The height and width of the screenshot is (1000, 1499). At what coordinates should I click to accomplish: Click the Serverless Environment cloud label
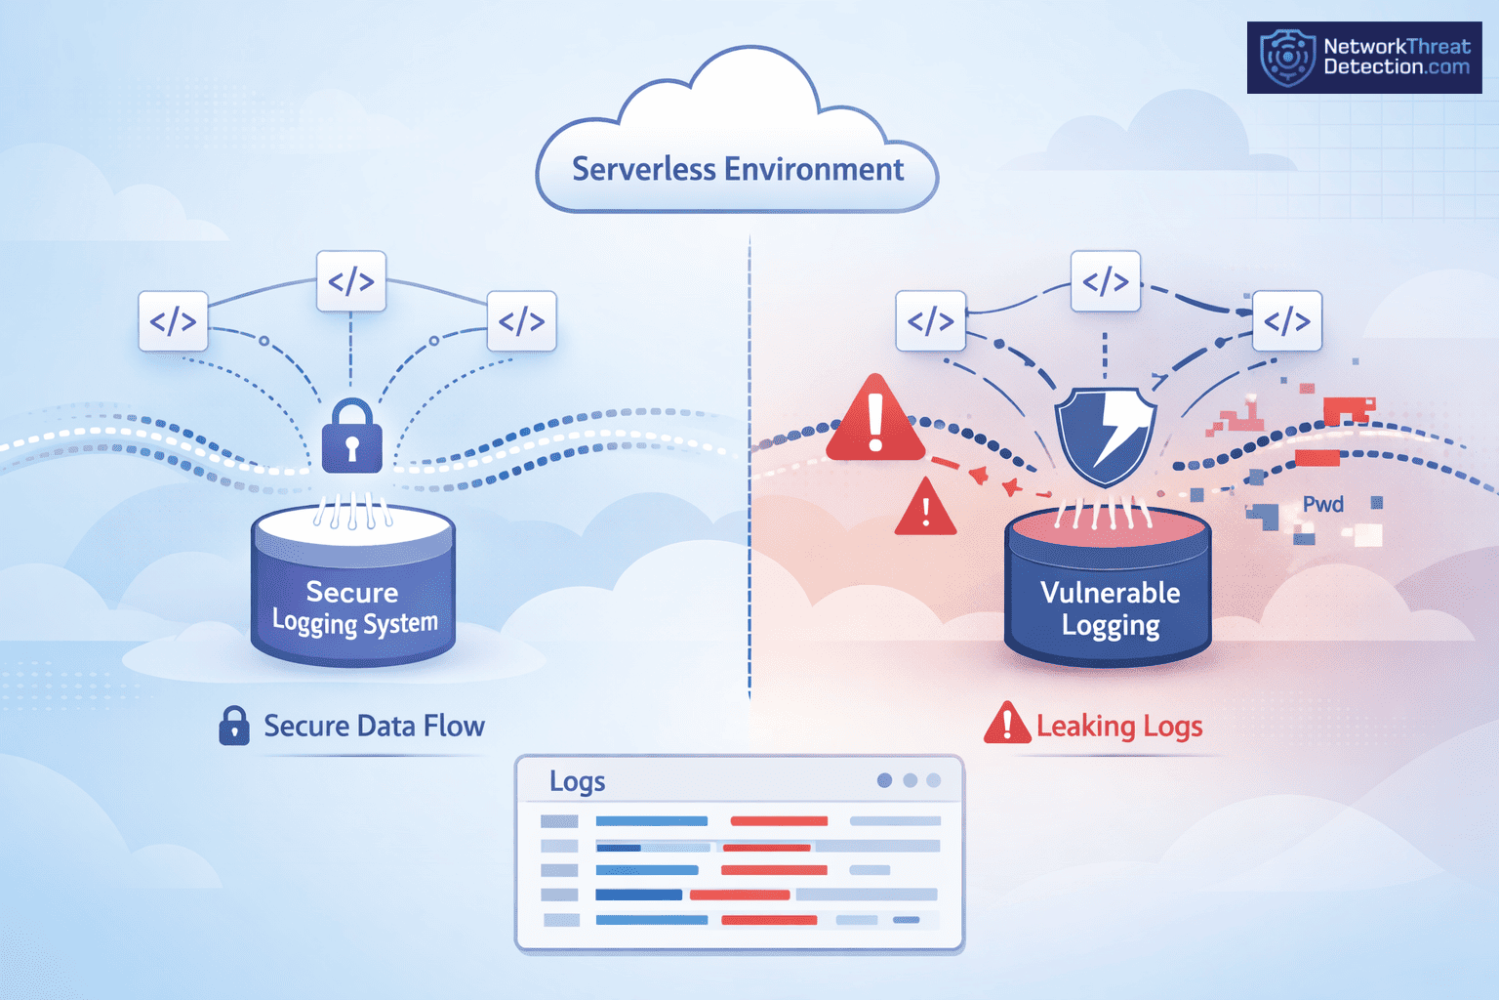coord(738,169)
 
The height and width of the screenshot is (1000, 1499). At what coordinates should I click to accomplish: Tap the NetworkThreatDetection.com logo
coord(1363,58)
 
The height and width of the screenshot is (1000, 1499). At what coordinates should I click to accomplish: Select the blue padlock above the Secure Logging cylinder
coord(351,437)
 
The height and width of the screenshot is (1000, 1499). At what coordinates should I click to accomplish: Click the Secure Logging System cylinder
coord(352,596)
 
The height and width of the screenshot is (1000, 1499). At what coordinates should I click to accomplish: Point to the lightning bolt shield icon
coord(1107,436)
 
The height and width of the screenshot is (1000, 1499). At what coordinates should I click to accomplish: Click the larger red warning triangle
coord(875,421)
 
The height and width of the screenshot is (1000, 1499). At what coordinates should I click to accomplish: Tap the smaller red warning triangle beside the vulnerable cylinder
coord(925,509)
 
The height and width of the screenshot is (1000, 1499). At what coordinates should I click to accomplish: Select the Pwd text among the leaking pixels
coord(1323,504)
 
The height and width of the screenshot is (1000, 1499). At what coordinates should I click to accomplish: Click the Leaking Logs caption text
coord(1118,726)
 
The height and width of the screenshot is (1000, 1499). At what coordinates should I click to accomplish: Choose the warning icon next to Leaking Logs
coord(1006,725)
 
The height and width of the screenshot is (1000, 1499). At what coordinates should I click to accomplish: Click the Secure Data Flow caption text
coord(374,726)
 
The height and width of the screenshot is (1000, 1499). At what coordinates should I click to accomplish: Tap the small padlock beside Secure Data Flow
coord(233,726)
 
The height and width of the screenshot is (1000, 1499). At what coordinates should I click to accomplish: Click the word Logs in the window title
coord(577,781)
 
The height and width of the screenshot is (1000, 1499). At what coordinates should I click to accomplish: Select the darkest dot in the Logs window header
coord(884,780)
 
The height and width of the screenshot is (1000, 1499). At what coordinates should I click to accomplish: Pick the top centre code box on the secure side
coord(351,281)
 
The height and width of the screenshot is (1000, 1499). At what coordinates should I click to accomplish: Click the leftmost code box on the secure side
coord(173,320)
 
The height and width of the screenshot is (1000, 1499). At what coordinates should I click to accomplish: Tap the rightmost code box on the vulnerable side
coord(1286,320)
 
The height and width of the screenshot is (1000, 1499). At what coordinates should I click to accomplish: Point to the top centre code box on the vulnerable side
coord(1105,281)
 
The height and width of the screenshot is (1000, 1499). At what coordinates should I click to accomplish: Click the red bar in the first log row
coord(779,821)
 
